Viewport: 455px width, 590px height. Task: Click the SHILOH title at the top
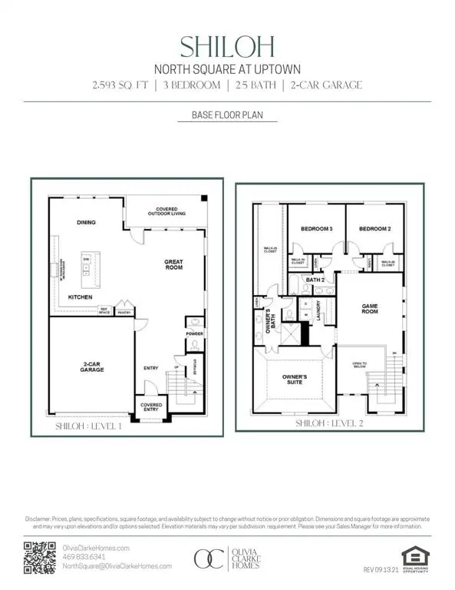pos(227,47)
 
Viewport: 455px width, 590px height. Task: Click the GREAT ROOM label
pos(173,265)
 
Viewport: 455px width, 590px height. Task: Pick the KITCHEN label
pos(81,297)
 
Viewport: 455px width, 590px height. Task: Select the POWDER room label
pos(194,334)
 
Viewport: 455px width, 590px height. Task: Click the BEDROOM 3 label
pos(316,230)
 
